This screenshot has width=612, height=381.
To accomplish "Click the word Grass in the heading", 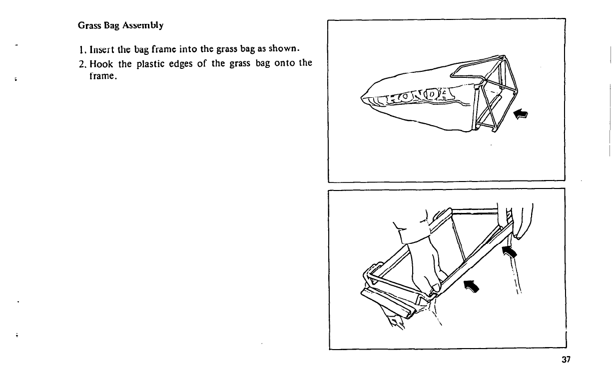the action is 88,25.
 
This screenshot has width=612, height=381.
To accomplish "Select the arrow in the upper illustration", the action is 521,115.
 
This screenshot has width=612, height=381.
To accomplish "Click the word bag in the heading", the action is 107,25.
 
